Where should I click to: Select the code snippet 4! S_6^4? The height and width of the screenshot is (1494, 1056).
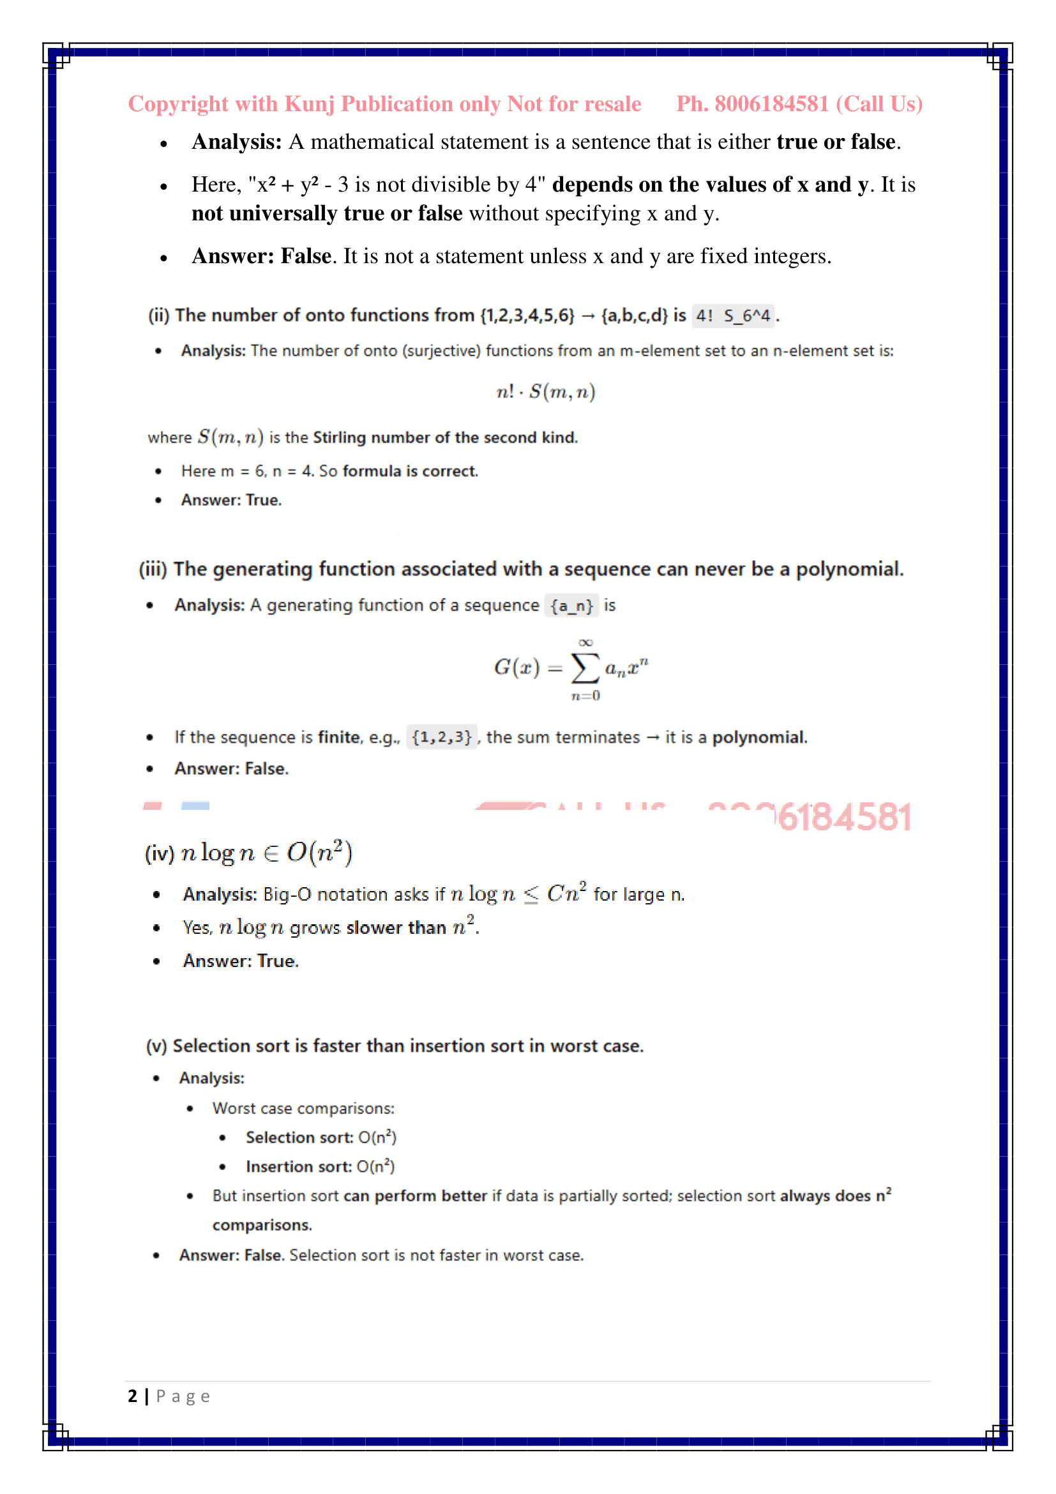click(733, 316)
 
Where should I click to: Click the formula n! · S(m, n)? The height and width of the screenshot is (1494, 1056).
click(545, 392)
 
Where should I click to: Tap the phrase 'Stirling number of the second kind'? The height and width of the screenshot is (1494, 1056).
click(445, 438)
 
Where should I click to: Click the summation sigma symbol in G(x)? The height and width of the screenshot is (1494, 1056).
click(585, 668)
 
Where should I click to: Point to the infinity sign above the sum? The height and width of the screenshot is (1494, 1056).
click(585, 642)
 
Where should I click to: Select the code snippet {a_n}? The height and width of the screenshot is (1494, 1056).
click(571, 606)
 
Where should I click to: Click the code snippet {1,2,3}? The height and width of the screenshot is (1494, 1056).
click(442, 737)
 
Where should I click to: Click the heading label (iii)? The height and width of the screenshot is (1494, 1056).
click(153, 569)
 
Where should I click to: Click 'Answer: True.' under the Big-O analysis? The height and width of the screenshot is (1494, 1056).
click(241, 961)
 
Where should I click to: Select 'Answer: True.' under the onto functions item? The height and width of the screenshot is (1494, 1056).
click(232, 499)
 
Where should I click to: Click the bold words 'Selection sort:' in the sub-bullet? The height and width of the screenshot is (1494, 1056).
click(299, 1138)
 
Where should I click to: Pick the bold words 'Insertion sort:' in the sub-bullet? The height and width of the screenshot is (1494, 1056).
click(298, 1167)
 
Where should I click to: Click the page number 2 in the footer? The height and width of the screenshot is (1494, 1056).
click(133, 1396)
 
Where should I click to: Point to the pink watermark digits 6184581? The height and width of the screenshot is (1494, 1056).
click(845, 817)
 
